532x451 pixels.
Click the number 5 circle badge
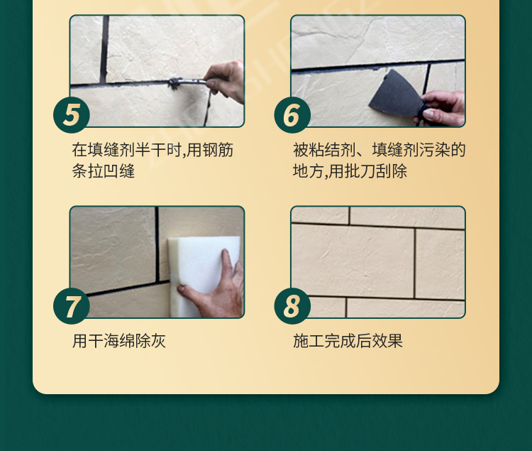pos(72,115)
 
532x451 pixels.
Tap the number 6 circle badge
pos(292,115)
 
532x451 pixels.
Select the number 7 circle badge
pos(72,306)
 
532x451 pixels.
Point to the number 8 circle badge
pos(292,306)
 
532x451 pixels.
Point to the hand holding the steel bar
pos(226,81)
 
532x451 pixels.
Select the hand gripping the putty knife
pos(441,109)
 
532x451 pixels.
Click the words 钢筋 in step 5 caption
pos(218,150)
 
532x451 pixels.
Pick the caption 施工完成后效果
pos(348,341)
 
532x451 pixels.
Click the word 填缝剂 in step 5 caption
pos(111,150)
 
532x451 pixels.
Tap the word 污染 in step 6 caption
pos(434,150)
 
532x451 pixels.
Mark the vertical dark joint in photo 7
pos(157,244)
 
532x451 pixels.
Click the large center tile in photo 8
pos(353,261)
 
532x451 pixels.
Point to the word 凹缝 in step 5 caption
pos(119,171)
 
